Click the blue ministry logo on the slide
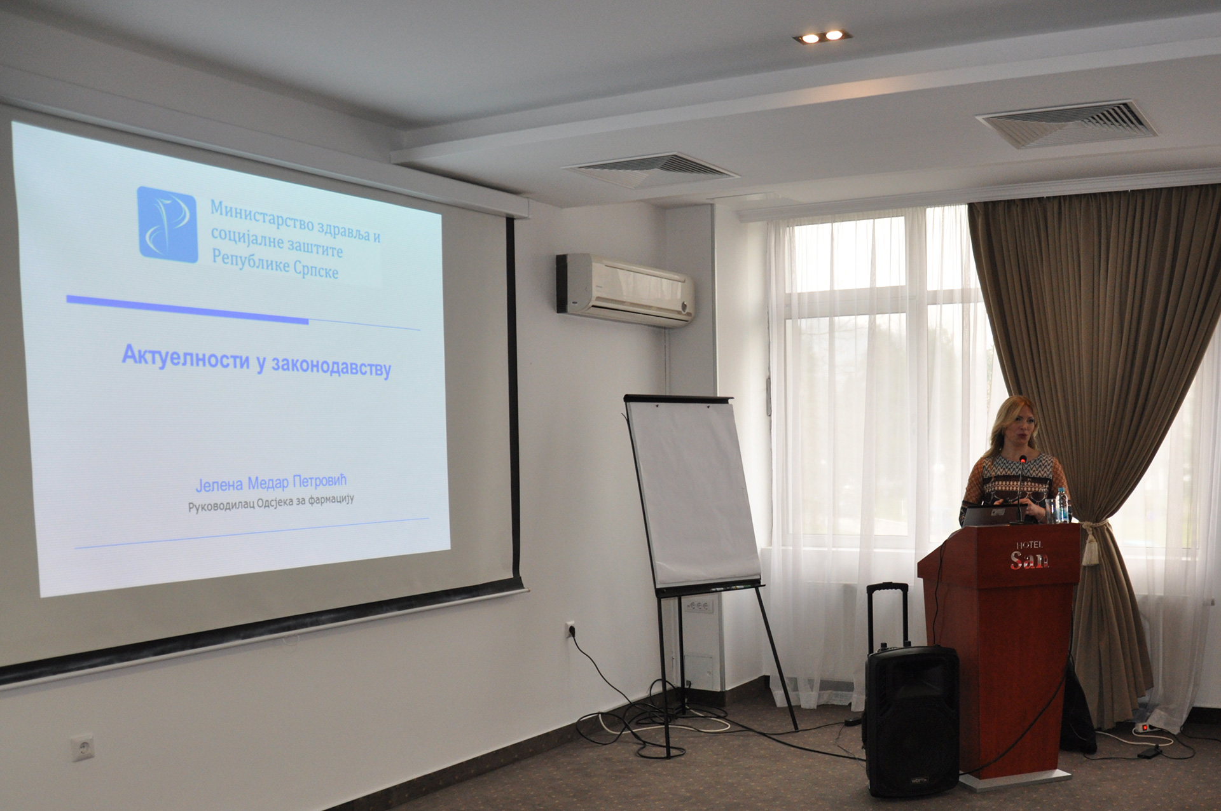point(167,225)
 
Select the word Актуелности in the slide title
point(185,357)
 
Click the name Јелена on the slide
point(219,485)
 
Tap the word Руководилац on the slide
point(221,506)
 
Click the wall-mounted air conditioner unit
point(625,290)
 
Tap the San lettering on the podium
point(1029,560)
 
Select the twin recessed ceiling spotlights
point(822,37)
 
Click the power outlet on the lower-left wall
point(83,747)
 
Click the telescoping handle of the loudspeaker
point(887,615)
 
